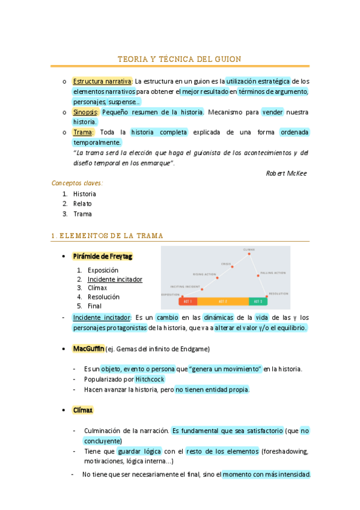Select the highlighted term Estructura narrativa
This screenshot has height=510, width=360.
pyautogui.click(x=102, y=81)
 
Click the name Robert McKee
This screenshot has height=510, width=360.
pyautogui.click(x=286, y=173)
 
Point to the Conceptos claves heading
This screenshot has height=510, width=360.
pyautogui.click(x=77, y=183)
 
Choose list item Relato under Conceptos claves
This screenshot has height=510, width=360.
pyautogui.click(x=82, y=204)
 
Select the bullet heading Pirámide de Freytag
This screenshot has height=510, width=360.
pyautogui.click(x=102, y=256)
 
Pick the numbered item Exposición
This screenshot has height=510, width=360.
pyautogui.click(x=103, y=271)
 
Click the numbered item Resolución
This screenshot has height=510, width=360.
pyautogui.click(x=103, y=296)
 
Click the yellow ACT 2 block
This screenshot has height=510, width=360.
pyautogui.click(x=222, y=301)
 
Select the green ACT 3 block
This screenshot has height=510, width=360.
pyautogui.click(x=258, y=301)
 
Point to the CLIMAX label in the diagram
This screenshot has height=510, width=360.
pyautogui.click(x=249, y=250)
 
